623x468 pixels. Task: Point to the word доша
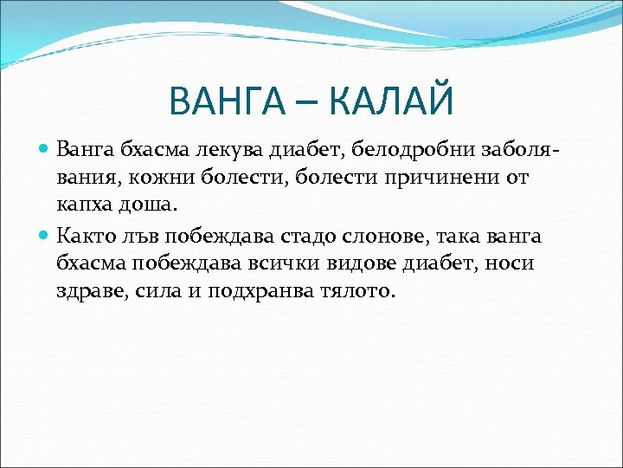148,206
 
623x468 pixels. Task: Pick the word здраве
92,291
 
